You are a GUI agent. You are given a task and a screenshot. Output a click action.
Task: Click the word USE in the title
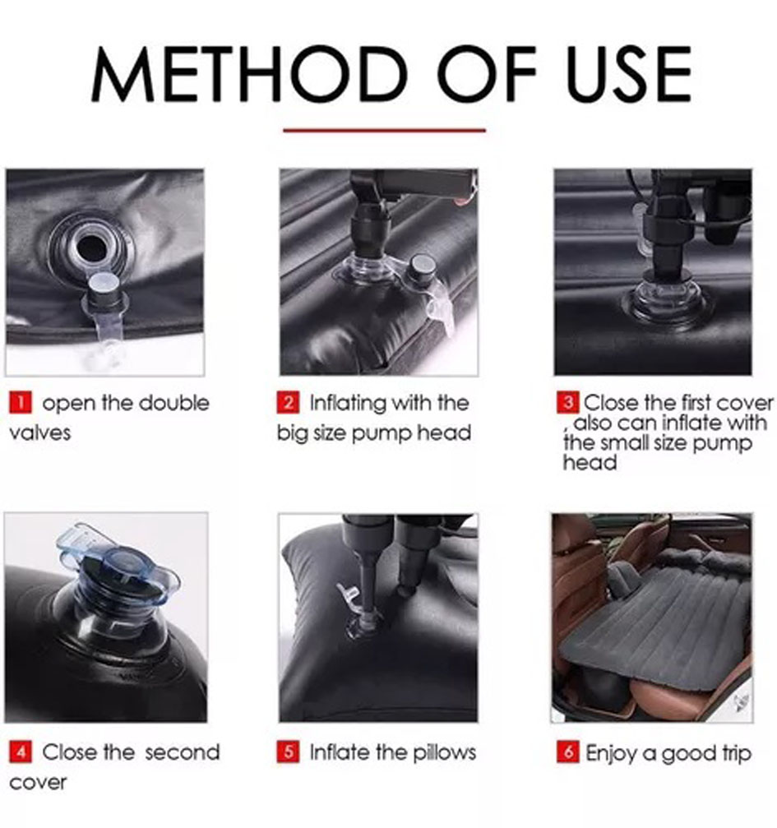[627, 74]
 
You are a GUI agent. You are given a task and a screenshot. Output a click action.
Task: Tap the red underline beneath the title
[385, 130]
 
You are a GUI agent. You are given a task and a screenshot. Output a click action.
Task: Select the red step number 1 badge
[21, 402]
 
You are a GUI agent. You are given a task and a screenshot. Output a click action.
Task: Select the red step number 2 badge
[288, 402]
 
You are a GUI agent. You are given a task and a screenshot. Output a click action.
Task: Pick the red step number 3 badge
[568, 402]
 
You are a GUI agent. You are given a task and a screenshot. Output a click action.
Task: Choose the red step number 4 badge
[21, 752]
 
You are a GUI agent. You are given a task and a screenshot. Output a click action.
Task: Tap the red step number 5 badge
[288, 752]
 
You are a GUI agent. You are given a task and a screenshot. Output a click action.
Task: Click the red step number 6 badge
[568, 752]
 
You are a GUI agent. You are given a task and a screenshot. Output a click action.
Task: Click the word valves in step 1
[40, 433]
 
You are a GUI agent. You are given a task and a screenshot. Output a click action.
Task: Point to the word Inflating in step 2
[348, 404]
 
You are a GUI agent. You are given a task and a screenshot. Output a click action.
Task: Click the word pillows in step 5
[445, 752]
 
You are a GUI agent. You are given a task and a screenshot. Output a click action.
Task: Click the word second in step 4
[183, 752]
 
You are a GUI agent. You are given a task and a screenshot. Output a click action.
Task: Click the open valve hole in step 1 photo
[90, 247]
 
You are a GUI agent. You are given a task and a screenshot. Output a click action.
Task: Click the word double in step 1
[177, 403]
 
